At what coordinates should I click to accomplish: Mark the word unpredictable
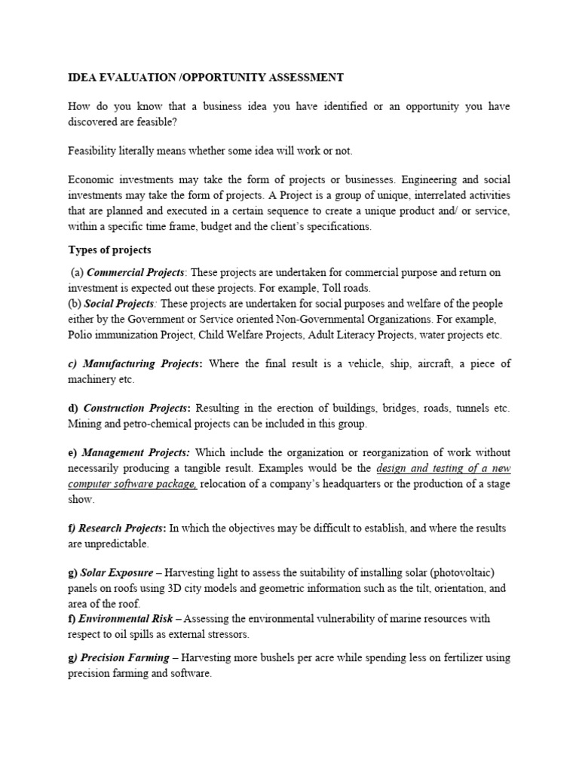(x=118, y=543)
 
